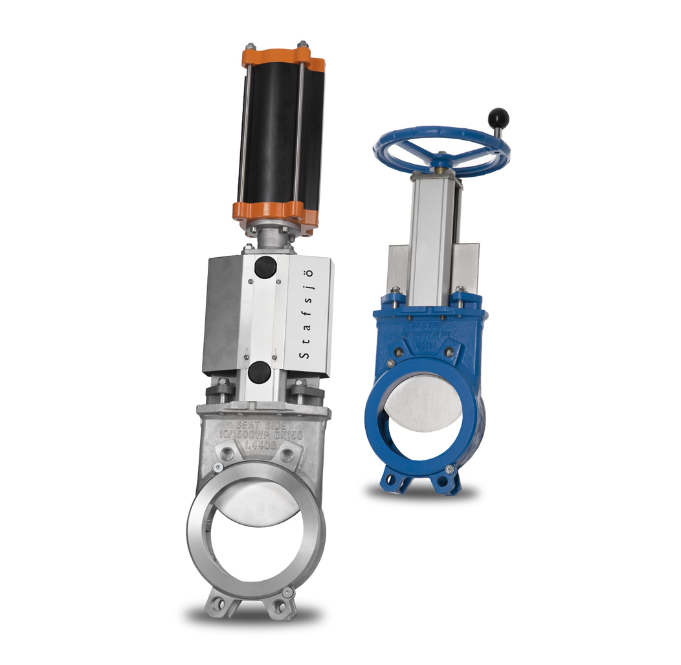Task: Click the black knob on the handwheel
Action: (x=500, y=118)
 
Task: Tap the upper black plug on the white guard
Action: (x=263, y=266)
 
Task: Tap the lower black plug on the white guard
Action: (x=260, y=372)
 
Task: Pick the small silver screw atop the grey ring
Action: (x=218, y=468)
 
